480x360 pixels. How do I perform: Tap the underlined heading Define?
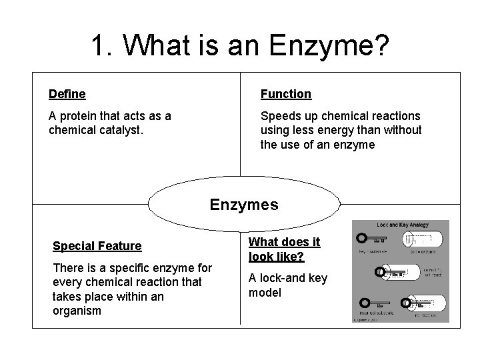[x=67, y=95]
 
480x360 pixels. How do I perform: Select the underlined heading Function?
[x=285, y=95]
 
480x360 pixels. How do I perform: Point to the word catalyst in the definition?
[x=121, y=131]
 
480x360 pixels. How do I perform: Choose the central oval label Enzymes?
[x=244, y=205]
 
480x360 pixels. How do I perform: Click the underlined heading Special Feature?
[x=97, y=246]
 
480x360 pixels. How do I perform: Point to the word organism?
[x=77, y=311]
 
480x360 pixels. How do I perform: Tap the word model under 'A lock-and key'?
[x=265, y=293]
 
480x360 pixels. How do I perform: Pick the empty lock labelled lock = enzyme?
[x=424, y=239]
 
